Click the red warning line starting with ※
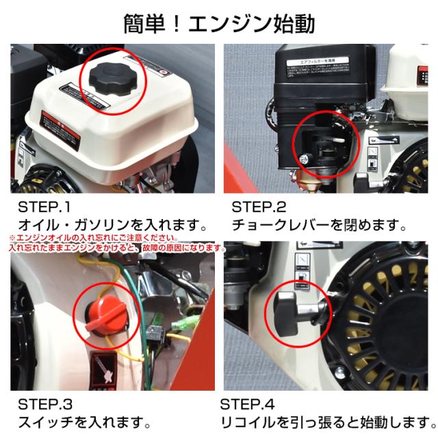click(x=79, y=237)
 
